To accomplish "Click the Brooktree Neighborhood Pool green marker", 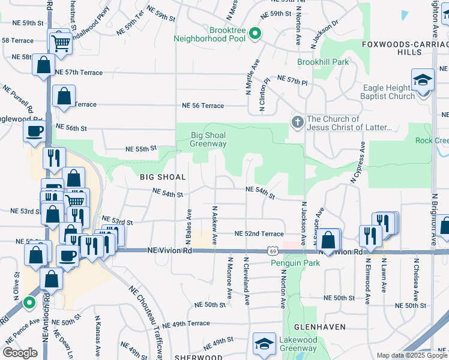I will (255, 33).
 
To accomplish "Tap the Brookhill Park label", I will (323, 62).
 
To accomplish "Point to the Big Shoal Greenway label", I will (208, 139).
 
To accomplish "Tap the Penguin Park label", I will (293, 263).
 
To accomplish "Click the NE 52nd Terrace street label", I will (259, 233).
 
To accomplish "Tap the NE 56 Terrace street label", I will (203, 106).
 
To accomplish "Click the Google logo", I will (20, 353).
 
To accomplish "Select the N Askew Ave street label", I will (214, 225).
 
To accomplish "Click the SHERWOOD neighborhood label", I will (199, 357).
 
